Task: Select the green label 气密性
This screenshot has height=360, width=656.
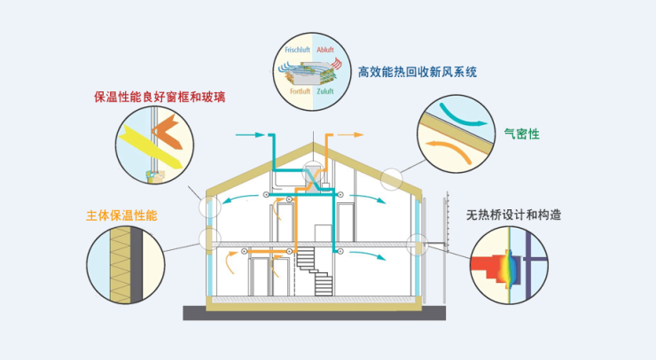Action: (521, 134)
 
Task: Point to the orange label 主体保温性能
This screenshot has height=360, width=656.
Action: (129, 215)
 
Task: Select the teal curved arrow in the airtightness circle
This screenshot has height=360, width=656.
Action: (460, 113)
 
